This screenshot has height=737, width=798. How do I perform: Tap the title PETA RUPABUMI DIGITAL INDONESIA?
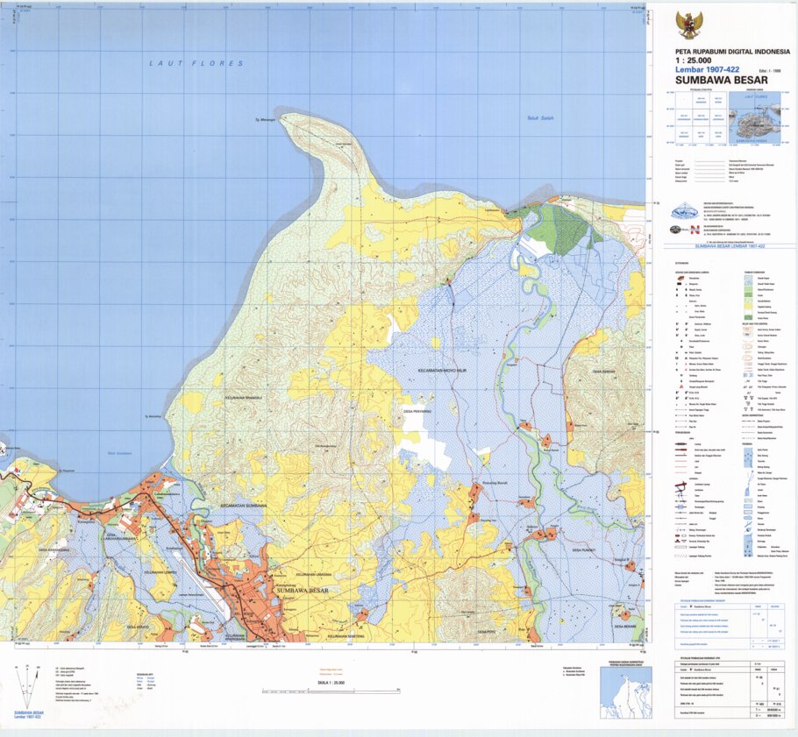(732, 52)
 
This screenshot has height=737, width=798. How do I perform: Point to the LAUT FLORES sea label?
(196, 64)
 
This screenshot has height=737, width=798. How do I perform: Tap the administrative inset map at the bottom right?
(625, 691)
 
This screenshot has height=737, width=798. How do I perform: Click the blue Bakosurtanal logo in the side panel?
(686, 210)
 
